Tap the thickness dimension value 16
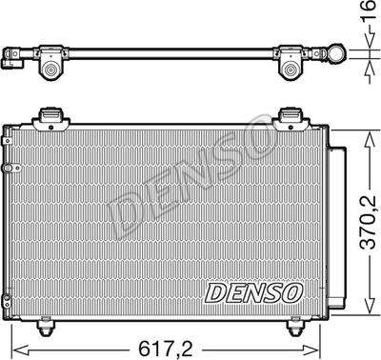[370, 10]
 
